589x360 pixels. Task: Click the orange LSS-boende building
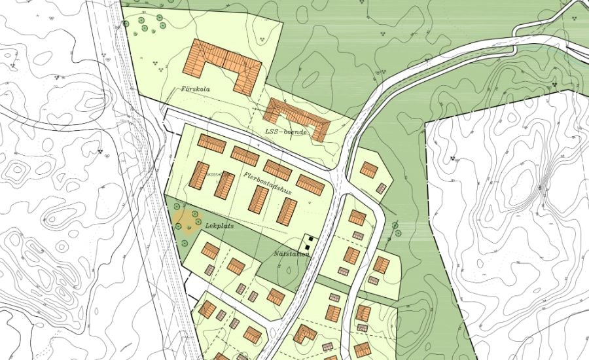[x=298, y=116]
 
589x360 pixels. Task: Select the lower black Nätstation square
[x=306, y=247]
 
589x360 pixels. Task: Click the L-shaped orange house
[x=304, y=333]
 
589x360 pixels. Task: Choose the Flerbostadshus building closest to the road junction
[x=310, y=185]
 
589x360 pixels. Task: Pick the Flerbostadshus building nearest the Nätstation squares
[x=287, y=211]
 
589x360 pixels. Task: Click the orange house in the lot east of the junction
[x=368, y=170]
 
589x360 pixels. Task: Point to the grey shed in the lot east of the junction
[x=381, y=188]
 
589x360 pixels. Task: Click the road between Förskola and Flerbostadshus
[x=216, y=128]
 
